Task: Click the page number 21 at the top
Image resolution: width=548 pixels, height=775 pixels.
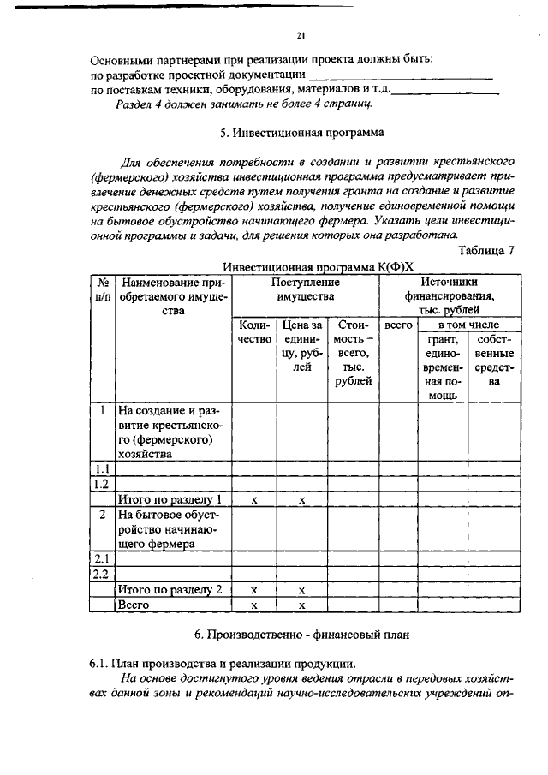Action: click(x=301, y=36)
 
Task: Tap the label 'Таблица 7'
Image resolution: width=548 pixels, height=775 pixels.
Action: click(x=486, y=251)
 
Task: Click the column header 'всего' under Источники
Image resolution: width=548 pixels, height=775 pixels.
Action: click(x=398, y=325)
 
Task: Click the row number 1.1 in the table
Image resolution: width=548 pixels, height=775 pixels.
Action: click(x=102, y=468)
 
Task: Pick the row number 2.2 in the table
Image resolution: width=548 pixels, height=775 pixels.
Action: click(x=102, y=574)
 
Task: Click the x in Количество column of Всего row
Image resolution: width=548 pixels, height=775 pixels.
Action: click(x=253, y=605)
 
